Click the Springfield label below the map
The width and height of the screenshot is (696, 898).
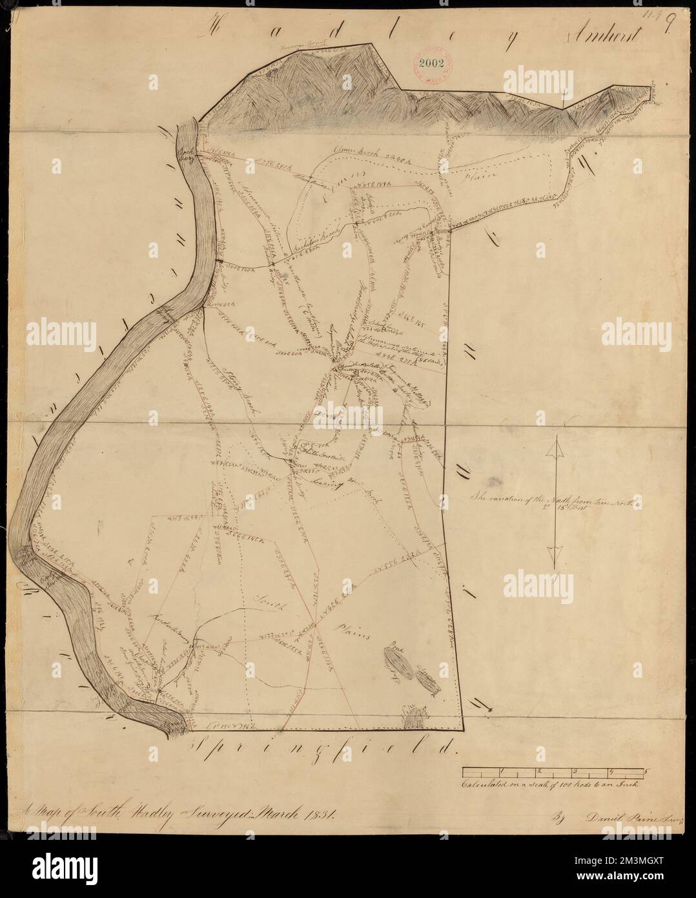[x=323, y=749]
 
